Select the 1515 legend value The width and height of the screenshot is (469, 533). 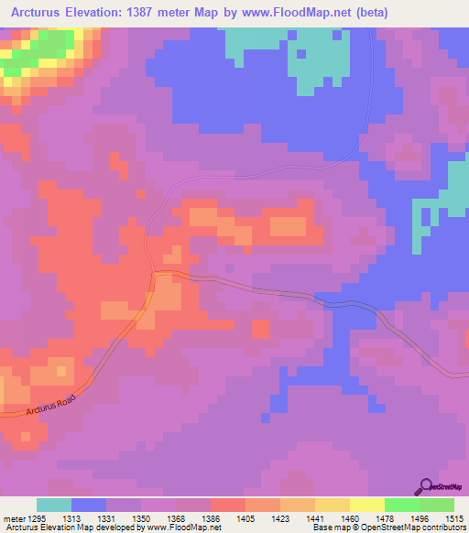pos(454,517)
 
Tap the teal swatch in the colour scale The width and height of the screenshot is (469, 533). pos(54,505)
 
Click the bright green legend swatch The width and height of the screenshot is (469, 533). pos(402,505)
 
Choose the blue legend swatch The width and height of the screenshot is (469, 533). pos(89,505)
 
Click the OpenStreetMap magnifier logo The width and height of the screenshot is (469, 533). pos(425,486)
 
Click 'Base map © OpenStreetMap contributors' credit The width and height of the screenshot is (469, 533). pos(387,528)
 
